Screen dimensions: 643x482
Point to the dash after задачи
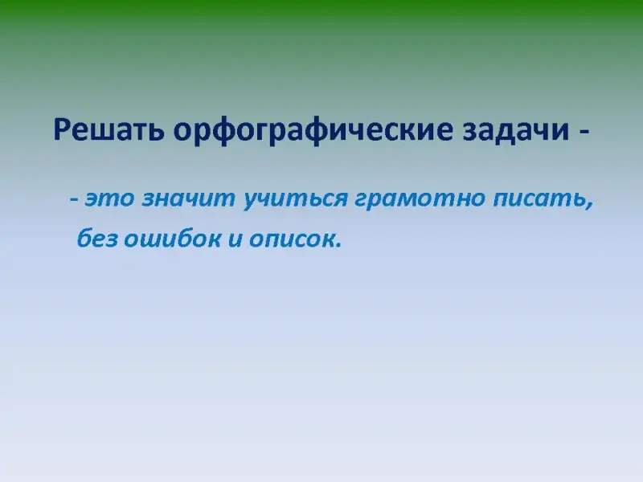tap(584, 132)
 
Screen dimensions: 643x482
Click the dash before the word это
tap(75, 200)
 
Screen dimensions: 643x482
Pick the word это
tap(109, 198)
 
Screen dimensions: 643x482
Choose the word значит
tap(188, 198)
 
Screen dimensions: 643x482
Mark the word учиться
tap(295, 199)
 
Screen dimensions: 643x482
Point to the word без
tap(97, 238)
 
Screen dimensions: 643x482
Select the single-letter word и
tap(235, 239)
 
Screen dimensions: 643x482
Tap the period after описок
tap(338, 245)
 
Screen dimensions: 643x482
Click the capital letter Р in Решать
tap(62, 130)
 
